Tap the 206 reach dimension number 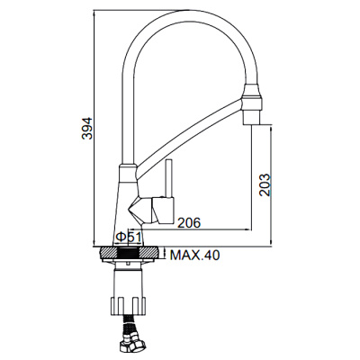(x=189, y=221)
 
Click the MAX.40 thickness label (x=194, y=256)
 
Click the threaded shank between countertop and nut (x=130, y=269)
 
